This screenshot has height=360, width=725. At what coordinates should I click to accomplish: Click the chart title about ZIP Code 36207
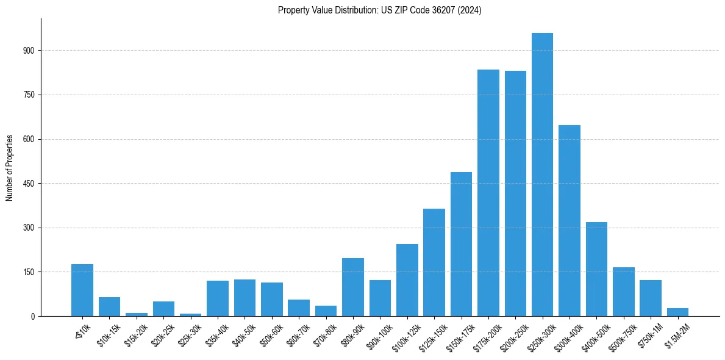pyautogui.click(x=379, y=10)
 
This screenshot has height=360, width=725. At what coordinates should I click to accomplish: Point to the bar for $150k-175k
pyautogui.click(x=461, y=244)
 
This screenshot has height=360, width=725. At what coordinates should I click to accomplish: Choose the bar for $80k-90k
pyautogui.click(x=352, y=287)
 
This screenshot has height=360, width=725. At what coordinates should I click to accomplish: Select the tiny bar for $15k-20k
pyautogui.click(x=137, y=314)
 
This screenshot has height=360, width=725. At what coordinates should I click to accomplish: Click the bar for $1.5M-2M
pyautogui.click(x=677, y=312)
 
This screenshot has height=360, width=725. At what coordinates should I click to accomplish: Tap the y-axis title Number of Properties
pyautogui.click(x=10, y=167)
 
